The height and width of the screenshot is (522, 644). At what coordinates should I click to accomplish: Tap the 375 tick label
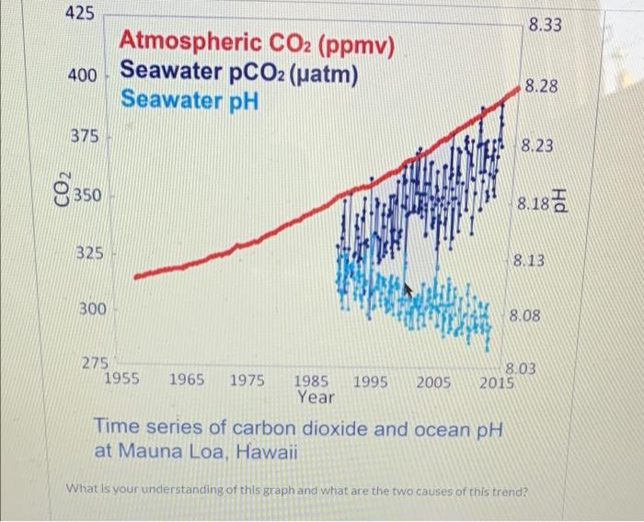(x=86, y=136)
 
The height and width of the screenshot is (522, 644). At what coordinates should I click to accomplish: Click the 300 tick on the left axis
(x=90, y=310)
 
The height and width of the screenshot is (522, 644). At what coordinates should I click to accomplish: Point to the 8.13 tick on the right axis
(x=529, y=261)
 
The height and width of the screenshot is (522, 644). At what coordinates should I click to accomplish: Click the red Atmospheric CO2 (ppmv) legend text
(x=258, y=42)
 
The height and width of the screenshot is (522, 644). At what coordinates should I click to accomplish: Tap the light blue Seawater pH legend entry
(x=190, y=97)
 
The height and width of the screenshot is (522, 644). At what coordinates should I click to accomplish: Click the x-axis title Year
(x=316, y=398)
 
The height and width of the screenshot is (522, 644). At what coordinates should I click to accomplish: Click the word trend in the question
(x=501, y=490)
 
